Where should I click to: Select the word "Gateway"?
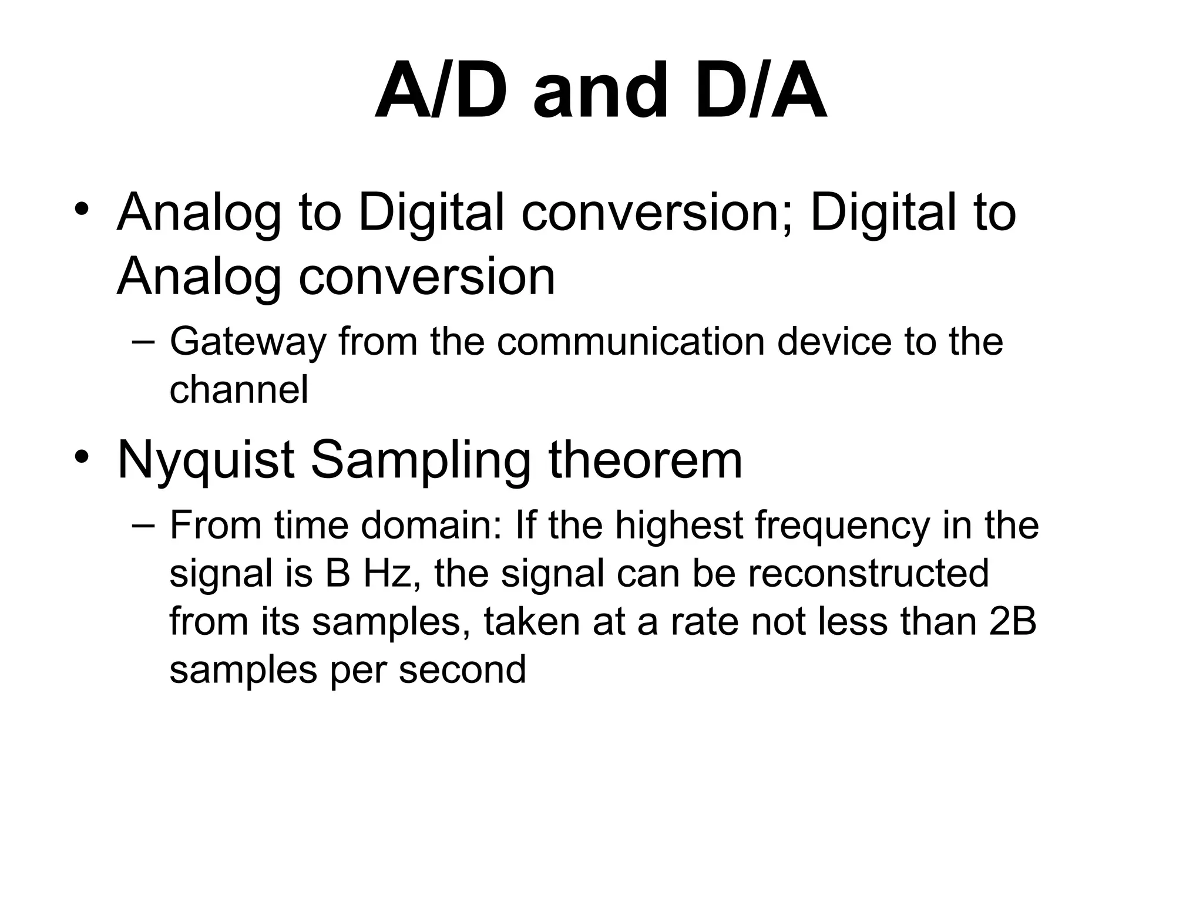point(247,342)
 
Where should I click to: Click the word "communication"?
point(630,341)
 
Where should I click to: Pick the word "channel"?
point(238,389)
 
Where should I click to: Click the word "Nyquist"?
point(206,461)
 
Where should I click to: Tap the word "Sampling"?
point(420,461)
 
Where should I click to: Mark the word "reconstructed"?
point(869,573)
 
